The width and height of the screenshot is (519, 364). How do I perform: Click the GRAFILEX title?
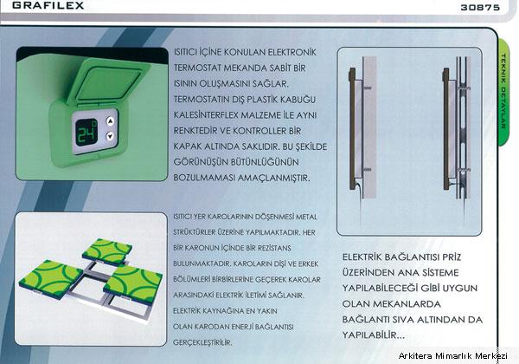coord(48,5)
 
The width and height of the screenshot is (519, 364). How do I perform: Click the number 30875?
coord(480,7)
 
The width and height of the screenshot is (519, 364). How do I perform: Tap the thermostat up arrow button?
coord(110,121)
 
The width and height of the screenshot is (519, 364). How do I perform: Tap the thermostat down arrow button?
coord(110,136)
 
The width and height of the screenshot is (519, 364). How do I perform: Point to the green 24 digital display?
coord(86,133)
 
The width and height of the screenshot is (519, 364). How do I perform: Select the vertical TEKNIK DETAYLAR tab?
coord(503,92)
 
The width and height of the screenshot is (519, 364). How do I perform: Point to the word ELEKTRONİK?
coord(292,52)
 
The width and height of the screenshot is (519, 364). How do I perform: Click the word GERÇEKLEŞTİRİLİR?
coord(202,343)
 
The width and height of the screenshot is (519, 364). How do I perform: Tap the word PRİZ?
coord(452,257)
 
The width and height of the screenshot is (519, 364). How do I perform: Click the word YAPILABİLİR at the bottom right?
coord(373,335)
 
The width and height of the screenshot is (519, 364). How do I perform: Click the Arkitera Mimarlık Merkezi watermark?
coord(452,356)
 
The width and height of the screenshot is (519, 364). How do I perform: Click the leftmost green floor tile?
coord(51,279)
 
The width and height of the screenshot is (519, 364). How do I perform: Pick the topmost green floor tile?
coord(107,250)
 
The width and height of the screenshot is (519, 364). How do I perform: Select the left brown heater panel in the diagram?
coord(353,128)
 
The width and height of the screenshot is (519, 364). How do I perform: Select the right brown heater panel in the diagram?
coord(446,128)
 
